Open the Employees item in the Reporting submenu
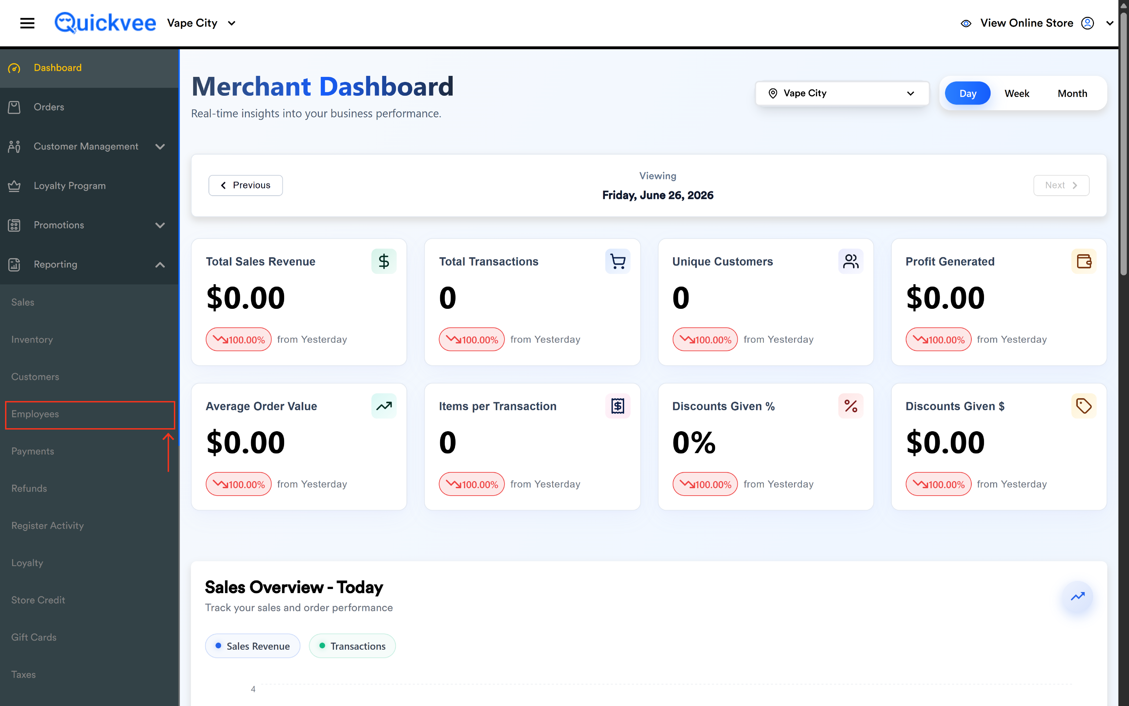[35, 414]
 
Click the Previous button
[245, 185]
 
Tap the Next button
[1061, 185]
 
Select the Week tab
[1016, 93]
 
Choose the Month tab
[1072, 93]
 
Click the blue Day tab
[968, 93]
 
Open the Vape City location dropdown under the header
[842, 93]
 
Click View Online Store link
[1026, 23]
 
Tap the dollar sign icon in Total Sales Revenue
[384, 261]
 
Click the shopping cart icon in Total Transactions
[617, 261]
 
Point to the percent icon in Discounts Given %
[850, 406]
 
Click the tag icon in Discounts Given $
[1083, 406]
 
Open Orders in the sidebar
[49, 107]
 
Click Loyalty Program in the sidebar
[69, 186]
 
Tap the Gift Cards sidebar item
[34, 637]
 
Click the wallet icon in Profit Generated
[1083, 261]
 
